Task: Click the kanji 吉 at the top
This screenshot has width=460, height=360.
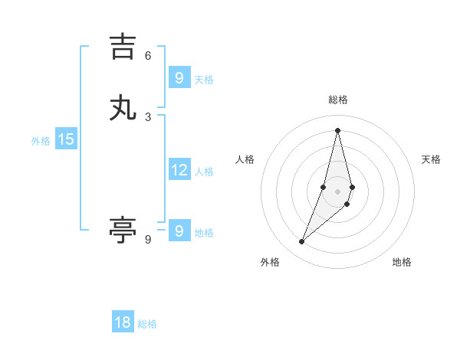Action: coord(123,46)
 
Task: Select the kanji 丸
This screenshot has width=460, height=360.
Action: coord(123,108)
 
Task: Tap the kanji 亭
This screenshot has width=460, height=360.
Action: coord(123,230)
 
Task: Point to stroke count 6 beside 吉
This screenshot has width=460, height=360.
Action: coord(148,55)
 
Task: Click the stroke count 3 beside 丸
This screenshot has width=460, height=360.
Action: coord(148,116)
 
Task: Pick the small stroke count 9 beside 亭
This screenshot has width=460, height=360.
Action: coord(148,240)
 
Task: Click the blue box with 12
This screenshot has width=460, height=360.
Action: coord(179,170)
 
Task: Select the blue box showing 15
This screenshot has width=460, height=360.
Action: coord(66,139)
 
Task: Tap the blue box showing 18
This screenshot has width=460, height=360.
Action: coord(123,322)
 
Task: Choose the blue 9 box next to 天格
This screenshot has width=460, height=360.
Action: coord(179,77)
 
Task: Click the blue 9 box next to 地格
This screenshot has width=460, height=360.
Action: coord(179,231)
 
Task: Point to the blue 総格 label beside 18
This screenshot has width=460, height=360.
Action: coord(147,324)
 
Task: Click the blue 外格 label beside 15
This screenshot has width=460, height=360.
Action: coord(41,141)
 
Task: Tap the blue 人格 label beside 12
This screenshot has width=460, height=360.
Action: coord(204,172)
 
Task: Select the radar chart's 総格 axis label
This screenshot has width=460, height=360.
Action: coord(337,100)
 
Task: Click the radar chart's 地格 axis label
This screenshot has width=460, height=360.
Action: coord(402,262)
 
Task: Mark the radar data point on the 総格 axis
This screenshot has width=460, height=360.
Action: coord(337,129)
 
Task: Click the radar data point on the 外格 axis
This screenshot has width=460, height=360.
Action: coord(301,242)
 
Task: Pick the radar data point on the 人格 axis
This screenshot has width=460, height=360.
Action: coord(324,187)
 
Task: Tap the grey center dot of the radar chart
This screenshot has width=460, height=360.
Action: coord(337,191)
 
